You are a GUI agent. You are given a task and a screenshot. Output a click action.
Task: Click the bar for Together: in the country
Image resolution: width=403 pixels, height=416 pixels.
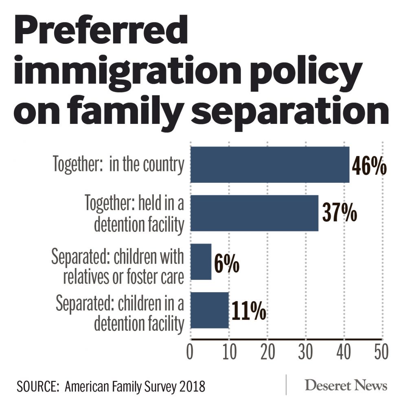(x=270, y=164)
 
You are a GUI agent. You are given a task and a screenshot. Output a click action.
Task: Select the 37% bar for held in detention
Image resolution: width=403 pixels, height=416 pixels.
(x=254, y=213)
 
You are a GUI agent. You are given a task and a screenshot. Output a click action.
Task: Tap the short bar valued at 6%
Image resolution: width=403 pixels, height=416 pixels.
(x=201, y=262)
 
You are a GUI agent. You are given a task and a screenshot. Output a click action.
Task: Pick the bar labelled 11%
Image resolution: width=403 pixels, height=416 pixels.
(x=210, y=310)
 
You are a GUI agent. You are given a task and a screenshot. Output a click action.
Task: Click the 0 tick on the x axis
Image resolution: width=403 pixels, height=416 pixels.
(x=190, y=352)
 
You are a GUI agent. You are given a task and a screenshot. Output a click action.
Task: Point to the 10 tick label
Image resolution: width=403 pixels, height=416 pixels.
(x=228, y=352)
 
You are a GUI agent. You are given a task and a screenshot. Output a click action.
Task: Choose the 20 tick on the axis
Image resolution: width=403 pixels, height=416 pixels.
(x=267, y=352)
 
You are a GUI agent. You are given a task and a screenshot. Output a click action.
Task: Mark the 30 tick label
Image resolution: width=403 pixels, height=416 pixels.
(x=305, y=352)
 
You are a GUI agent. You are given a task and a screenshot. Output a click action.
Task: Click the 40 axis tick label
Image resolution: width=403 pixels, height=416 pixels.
(x=344, y=352)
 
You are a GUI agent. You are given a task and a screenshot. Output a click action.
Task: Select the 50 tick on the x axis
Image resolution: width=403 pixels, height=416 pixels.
(x=381, y=352)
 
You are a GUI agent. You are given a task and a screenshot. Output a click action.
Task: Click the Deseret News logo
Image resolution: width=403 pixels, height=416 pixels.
(x=346, y=385)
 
